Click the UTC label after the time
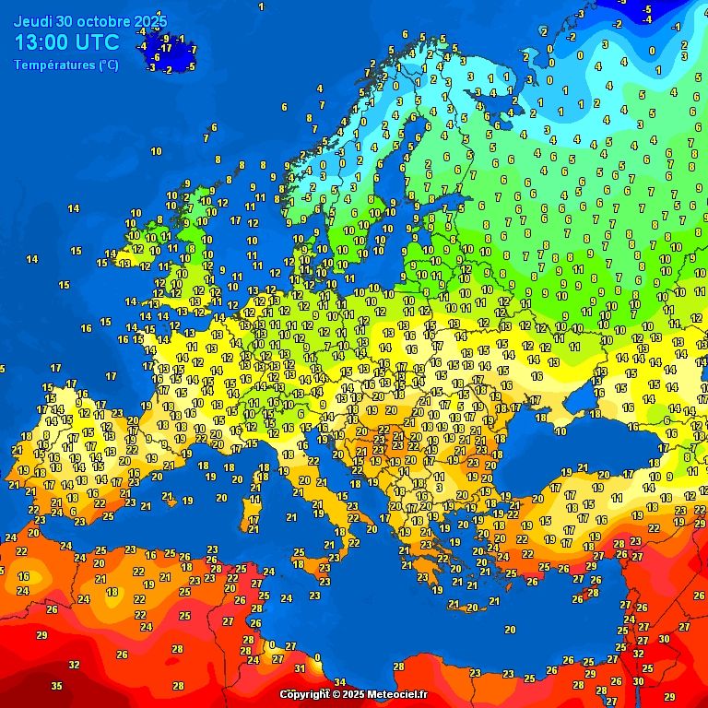point(99,42)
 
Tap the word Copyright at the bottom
point(305,694)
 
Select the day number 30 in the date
point(63,20)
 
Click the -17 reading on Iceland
point(165,48)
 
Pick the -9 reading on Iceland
point(165,38)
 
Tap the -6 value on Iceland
point(156,57)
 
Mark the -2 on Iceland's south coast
point(167,69)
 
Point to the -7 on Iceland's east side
point(192,50)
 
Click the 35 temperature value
point(56,686)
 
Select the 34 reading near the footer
point(339,683)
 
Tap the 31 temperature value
point(300,668)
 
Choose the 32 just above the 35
point(74,664)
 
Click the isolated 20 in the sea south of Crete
point(510,629)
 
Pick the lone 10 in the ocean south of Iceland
point(156,151)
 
